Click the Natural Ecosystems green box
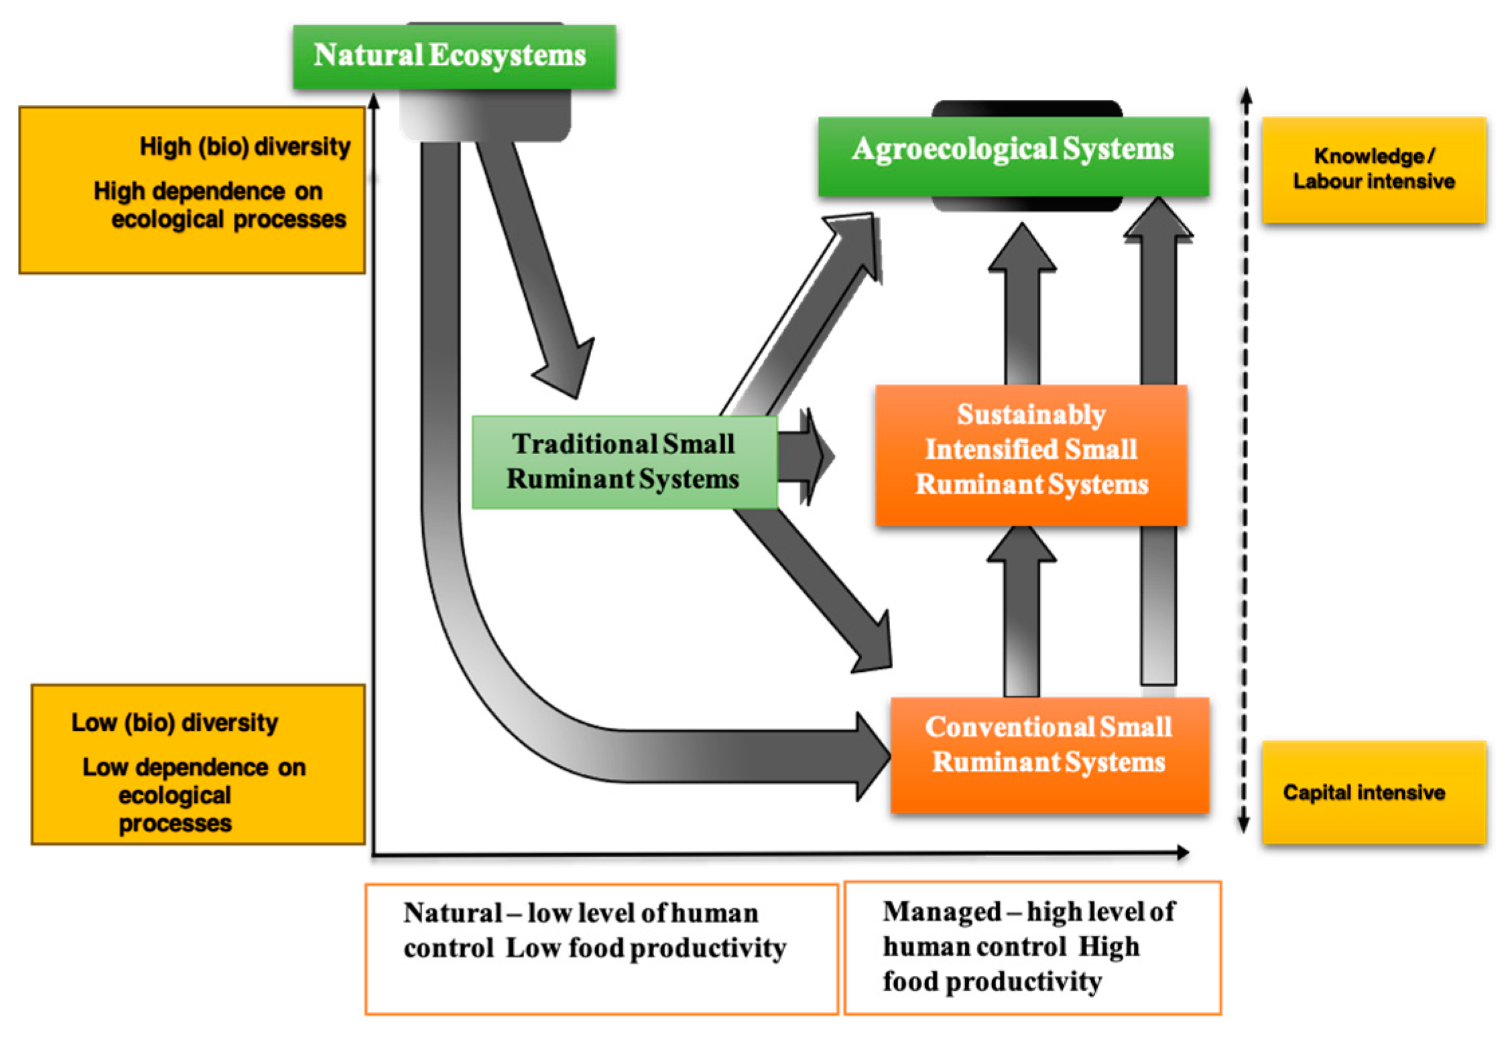click(454, 56)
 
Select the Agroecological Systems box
click(1013, 156)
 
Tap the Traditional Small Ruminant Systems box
click(624, 462)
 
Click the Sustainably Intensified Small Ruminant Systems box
click(1031, 455)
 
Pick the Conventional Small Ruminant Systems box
click(1049, 754)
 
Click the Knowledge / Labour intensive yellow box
click(1373, 169)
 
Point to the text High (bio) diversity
click(245, 146)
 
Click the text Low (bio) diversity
click(174, 722)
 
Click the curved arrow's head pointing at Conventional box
click(871, 756)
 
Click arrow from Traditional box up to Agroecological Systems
click(804, 315)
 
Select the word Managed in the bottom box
click(942, 912)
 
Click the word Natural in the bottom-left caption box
click(452, 913)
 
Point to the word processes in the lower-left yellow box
click(175, 823)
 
